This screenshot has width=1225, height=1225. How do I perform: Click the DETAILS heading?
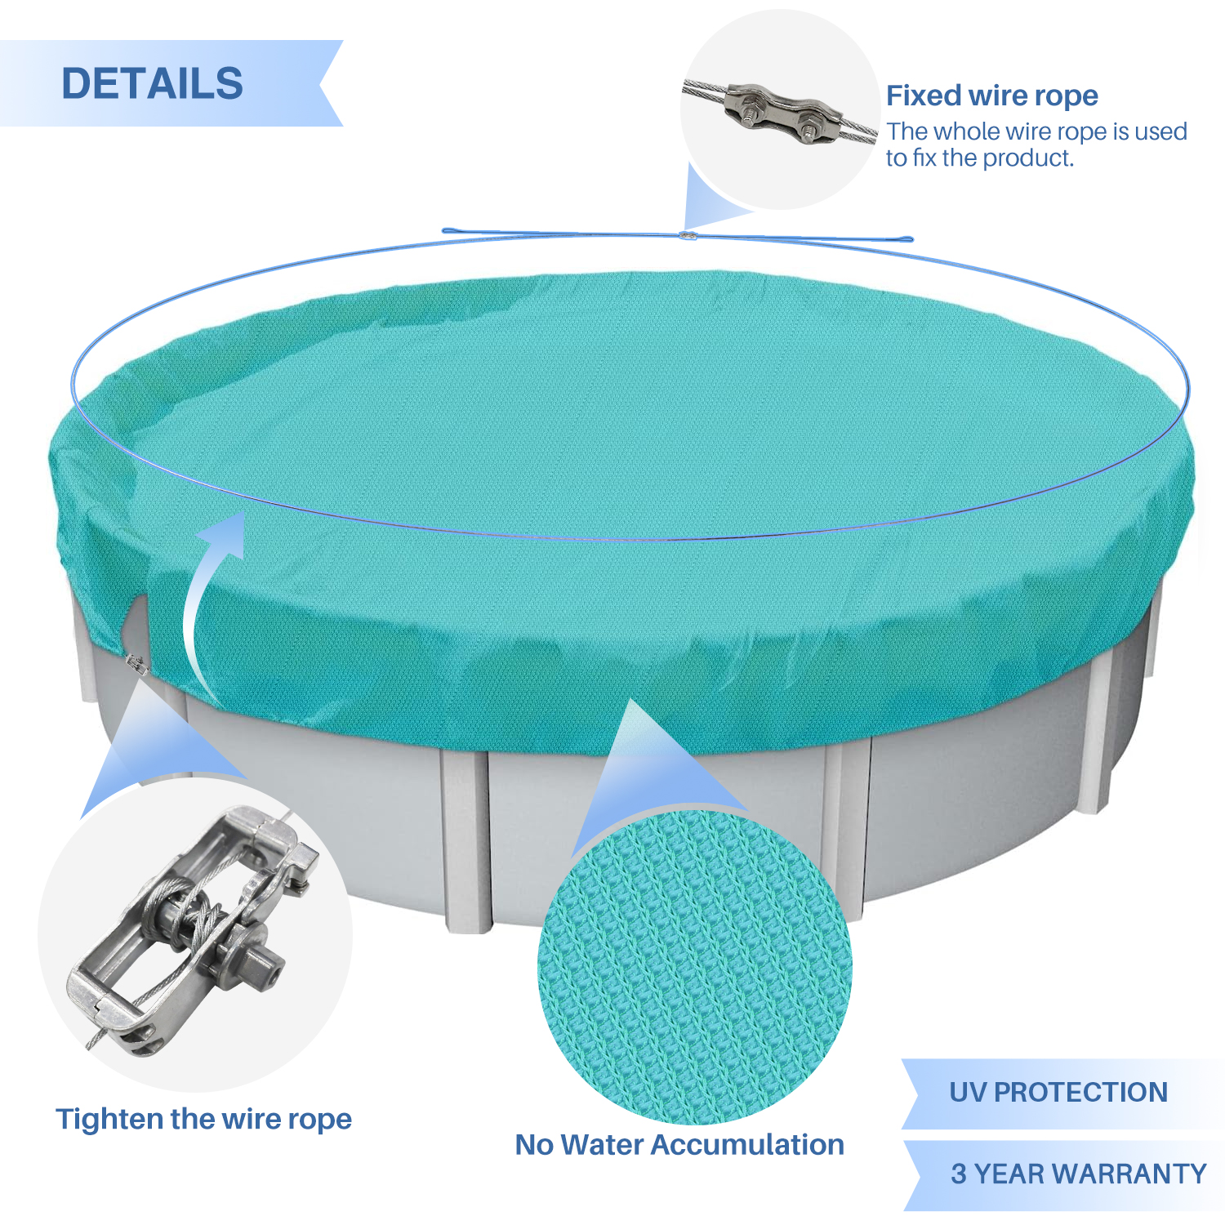click(x=153, y=83)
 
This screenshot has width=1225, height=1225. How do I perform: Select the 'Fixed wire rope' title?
click(x=992, y=96)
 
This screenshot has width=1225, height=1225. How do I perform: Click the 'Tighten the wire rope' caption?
click(x=203, y=1119)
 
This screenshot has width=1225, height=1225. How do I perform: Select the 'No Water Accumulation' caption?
click(x=679, y=1144)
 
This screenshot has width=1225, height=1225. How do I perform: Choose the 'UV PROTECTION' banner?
click(x=1062, y=1094)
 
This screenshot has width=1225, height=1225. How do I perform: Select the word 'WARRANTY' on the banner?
click(x=1129, y=1174)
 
